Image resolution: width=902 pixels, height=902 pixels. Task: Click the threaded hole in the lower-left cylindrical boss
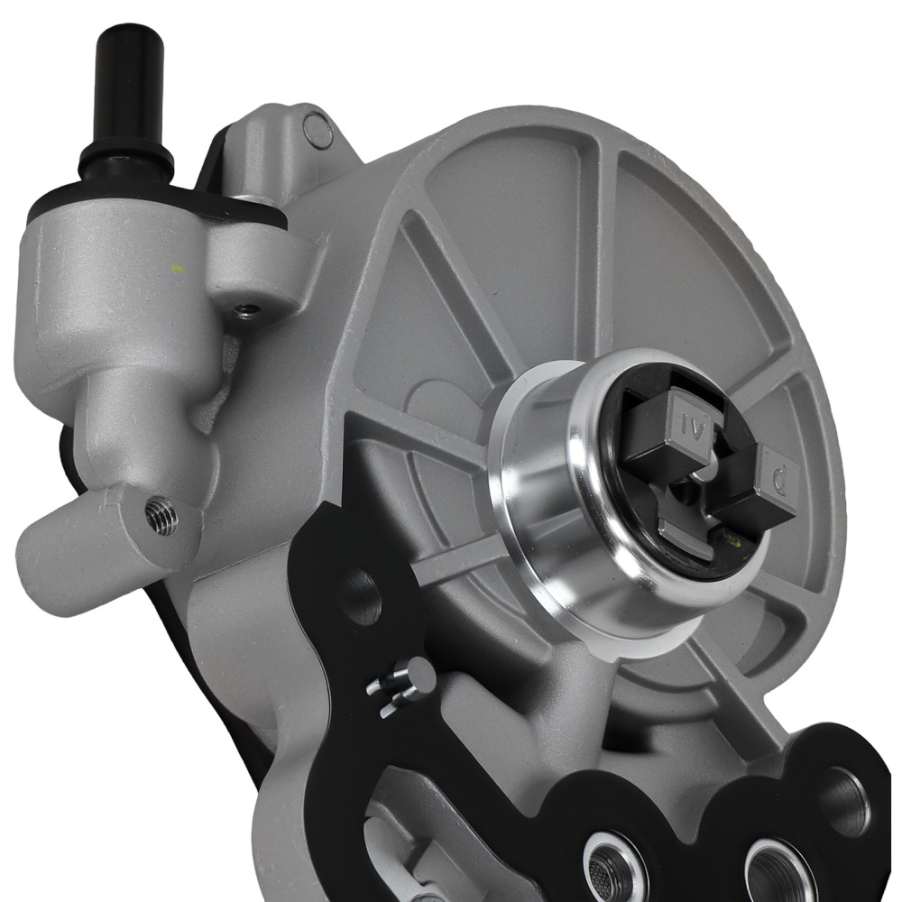[162, 516]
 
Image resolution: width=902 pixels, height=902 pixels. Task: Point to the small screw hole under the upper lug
[244, 311]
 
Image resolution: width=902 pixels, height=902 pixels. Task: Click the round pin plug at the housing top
[318, 130]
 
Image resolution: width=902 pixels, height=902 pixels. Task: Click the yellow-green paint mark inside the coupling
[732, 542]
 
